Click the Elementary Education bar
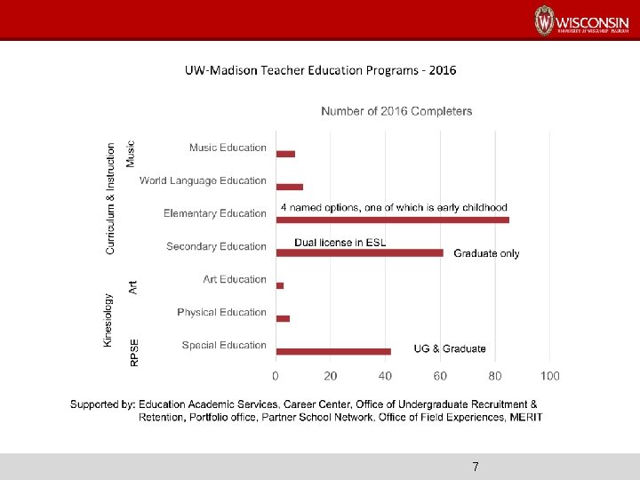tap(392, 220)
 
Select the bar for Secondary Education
tap(359, 253)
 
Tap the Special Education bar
tap(333, 352)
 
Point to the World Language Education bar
tap(290, 187)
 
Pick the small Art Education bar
tap(280, 285)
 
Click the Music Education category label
tap(228, 148)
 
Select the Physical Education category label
tap(221, 312)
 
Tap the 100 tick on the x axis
tap(549, 376)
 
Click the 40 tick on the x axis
tap(385, 376)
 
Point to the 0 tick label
tap(276, 376)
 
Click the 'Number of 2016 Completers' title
tap(396, 111)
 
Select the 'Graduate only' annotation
tap(486, 253)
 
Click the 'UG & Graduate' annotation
tap(450, 348)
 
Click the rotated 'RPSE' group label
tap(134, 352)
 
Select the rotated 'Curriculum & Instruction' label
tap(111, 198)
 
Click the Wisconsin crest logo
tap(544, 20)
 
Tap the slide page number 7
tap(476, 467)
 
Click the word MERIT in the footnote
tap(524, 417)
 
